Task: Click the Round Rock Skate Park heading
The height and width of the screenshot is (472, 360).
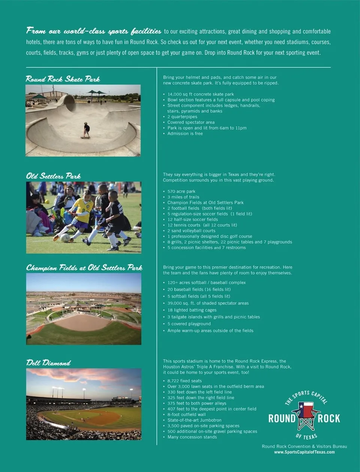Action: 63,79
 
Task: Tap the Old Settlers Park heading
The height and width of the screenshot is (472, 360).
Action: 53,176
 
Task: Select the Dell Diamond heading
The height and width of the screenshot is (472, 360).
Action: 48,363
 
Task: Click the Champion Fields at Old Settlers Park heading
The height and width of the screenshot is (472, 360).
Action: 84,268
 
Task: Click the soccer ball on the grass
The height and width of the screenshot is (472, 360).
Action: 65,238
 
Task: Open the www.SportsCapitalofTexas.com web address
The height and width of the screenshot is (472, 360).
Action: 304,452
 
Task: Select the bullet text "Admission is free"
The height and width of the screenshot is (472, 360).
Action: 185,134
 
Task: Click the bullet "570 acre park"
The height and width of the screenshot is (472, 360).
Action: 181,191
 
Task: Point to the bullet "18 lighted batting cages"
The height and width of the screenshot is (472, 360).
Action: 192,310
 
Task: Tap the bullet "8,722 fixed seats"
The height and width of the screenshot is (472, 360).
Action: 184,381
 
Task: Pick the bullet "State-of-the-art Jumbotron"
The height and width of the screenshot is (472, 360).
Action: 194,420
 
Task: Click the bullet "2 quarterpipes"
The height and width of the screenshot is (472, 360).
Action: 182,117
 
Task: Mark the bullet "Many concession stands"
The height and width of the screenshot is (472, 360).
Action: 192,437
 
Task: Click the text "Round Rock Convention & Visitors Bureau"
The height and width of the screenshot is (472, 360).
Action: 304,447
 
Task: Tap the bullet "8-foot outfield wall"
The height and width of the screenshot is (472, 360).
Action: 186,415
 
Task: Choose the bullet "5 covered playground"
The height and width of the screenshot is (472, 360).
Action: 189,324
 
